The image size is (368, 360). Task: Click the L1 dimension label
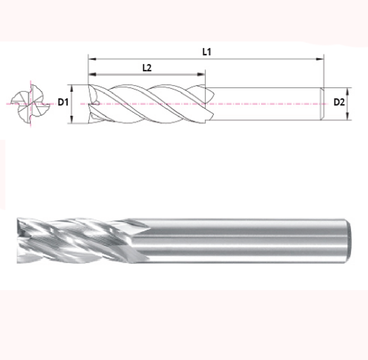pyautogui.click(x=207, y=52)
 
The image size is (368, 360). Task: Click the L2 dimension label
pyautogui.click(x=147, y=67)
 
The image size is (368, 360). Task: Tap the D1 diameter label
pyautogui.click(x=63, y=102)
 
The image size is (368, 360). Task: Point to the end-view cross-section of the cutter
pyautogui.click(x=30, y=103)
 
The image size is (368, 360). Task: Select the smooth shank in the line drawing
pyautogui.click(x=263, y=104)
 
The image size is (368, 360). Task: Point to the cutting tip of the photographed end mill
pyautogui.click(x=20, y=239)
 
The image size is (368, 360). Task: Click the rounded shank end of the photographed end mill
pyautogui.click(x=348, y=240)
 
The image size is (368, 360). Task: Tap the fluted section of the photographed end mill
pyautogui.click(x=79, y=239)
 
